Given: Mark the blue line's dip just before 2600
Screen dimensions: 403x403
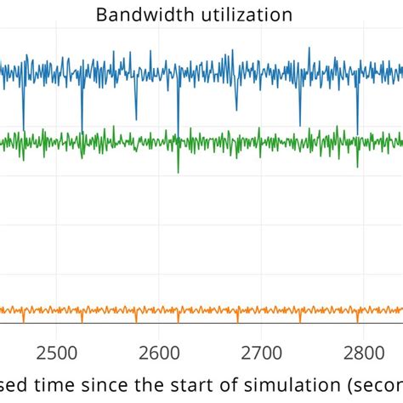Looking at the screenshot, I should coord(136,118).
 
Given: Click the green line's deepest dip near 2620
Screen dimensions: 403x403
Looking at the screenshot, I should coord(178,171).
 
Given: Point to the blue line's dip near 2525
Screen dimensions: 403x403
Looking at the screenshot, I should coord(82,126).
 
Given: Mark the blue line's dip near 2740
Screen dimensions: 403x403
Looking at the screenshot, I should coord(300,124).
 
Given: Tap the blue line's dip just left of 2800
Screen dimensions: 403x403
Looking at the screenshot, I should coord(357,132).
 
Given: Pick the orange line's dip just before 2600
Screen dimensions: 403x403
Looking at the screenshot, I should coord(136,320).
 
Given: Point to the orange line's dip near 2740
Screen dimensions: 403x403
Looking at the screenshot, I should coord(300,321).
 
